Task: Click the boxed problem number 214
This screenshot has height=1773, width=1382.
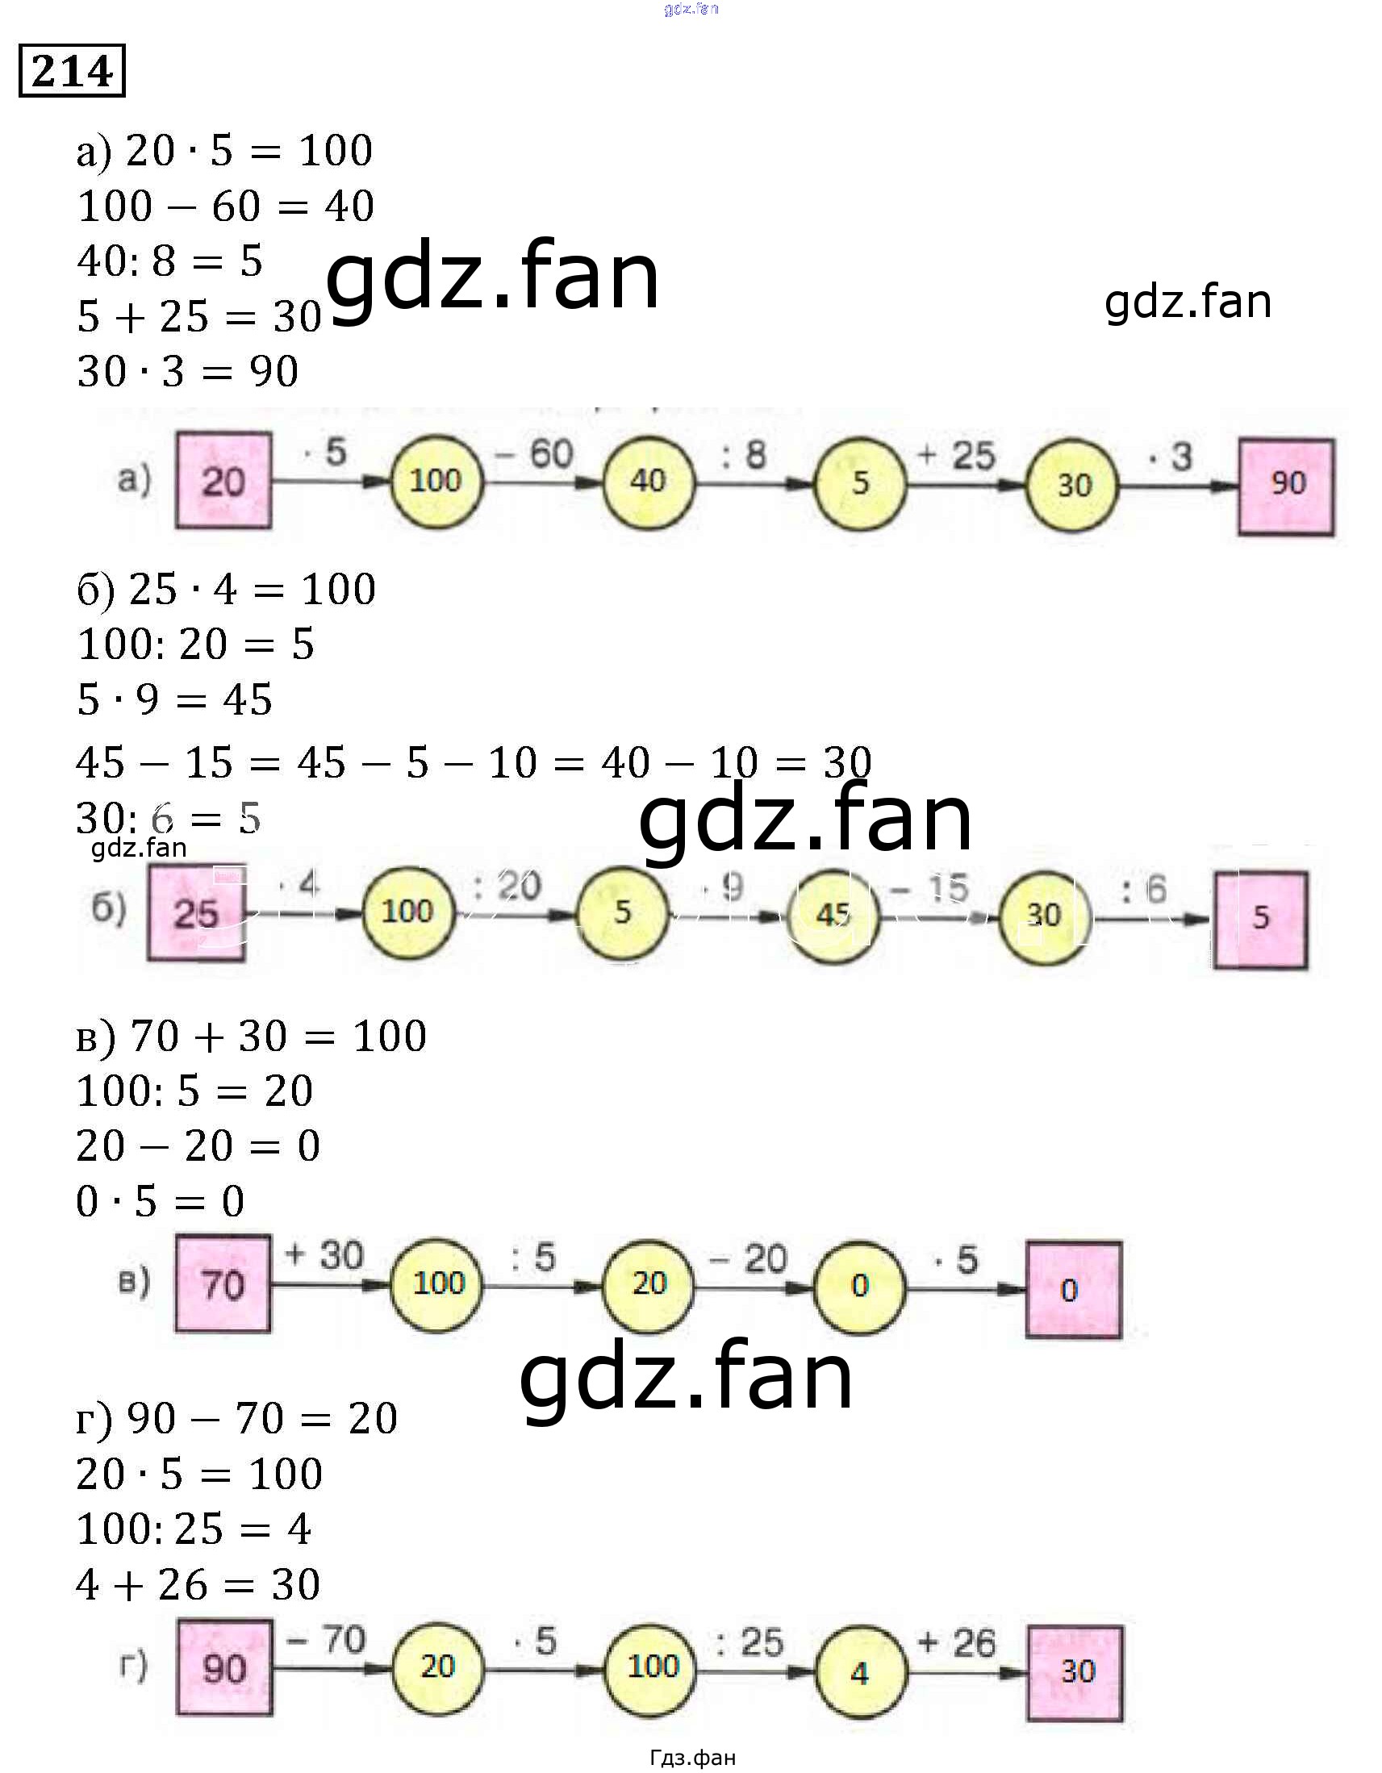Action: pos(72,72)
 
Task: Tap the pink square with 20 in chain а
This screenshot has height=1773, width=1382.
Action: pos(223,481)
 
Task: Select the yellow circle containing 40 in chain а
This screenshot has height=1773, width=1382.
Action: pos(648,481)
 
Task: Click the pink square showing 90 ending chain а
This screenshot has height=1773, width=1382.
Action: pos(1285,486)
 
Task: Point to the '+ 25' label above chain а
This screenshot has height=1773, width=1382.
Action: pos(956,455)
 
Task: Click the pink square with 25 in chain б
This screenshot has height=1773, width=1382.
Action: pos(196,912)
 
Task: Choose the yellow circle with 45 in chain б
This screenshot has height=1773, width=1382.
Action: pos(833,914)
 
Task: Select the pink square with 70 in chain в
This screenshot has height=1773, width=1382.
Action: pos(223,1284)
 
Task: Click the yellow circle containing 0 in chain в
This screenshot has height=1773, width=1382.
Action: pos(859,1285)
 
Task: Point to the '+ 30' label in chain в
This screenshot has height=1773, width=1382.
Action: pos(324,1255)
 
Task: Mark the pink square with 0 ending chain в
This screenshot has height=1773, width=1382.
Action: pos(1073,1289)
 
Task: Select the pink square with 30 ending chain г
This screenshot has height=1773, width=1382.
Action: pos(1075,1673)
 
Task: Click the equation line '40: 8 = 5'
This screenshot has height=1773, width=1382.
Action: pos(169,261)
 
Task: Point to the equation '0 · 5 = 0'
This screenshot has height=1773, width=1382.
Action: pos(160,1200)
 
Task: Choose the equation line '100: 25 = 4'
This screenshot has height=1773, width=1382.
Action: pos(194,1529)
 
